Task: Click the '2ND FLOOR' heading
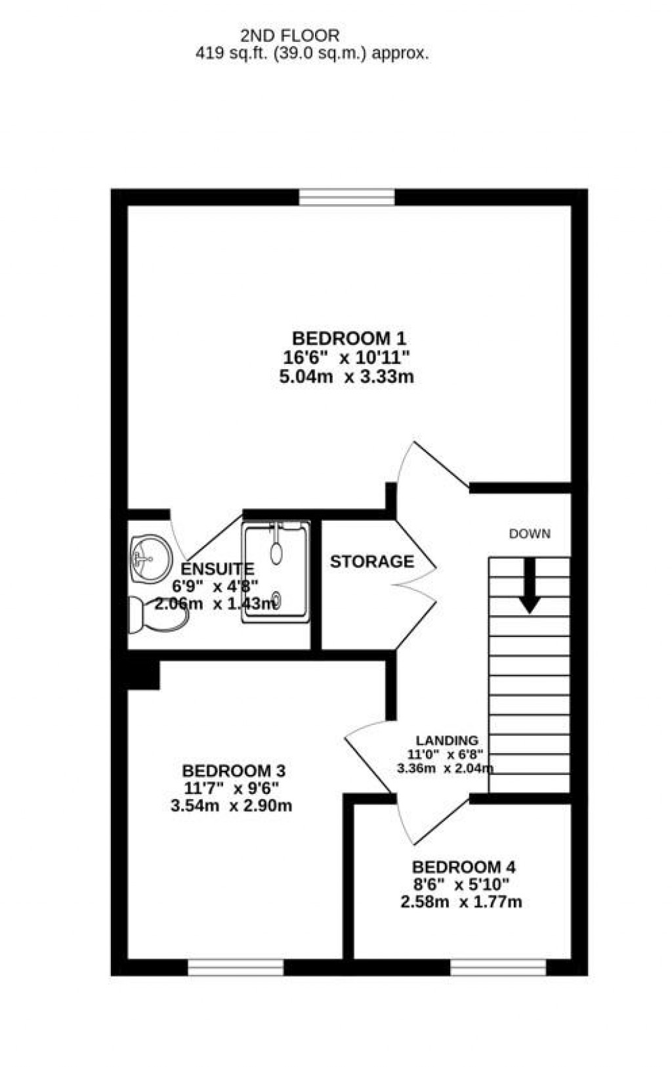coord(289,35)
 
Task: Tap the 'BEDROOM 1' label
coord(348,339)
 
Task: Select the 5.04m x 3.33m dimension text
coord(346,377)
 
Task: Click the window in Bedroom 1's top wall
coord(346,197)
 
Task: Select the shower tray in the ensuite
coord(276,572)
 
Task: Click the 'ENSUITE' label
coord(217,569)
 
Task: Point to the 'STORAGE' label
coord(371,562)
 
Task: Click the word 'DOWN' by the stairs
coord(530,534)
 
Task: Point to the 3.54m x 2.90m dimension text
coord(231,806)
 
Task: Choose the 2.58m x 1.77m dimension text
coord(461,902)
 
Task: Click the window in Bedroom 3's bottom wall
coord(236,967)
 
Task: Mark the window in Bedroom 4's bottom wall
coord(498,967)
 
